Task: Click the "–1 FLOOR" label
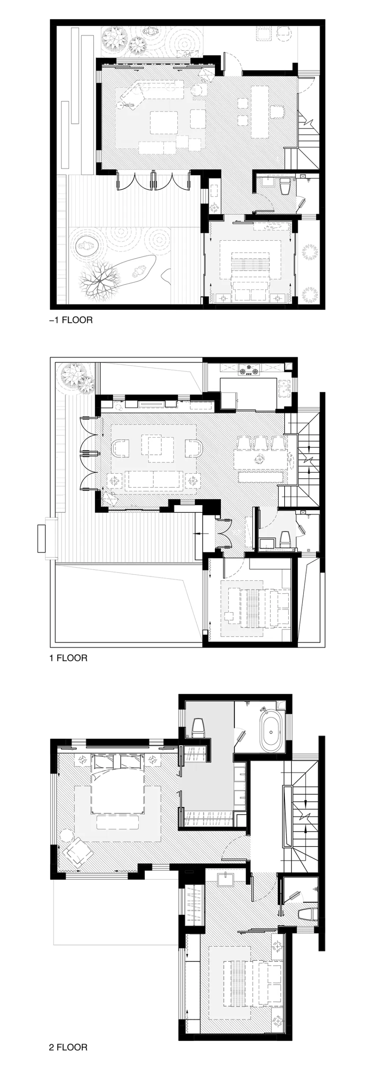coord(71,320)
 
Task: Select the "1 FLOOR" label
coord(68,658)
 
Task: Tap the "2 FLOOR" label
coord(68,1048)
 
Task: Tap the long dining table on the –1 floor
coord(259,111)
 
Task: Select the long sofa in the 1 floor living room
coord(154,480)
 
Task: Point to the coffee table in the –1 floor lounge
coord(164,122)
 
